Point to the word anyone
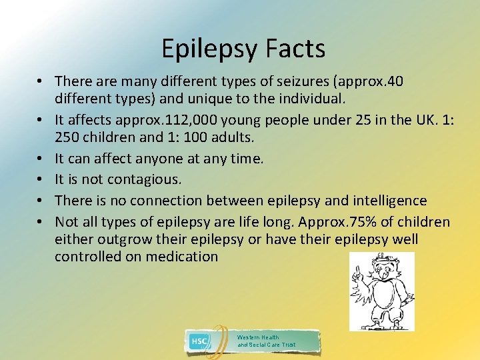click(150, 159)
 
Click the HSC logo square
click(199, 341)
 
